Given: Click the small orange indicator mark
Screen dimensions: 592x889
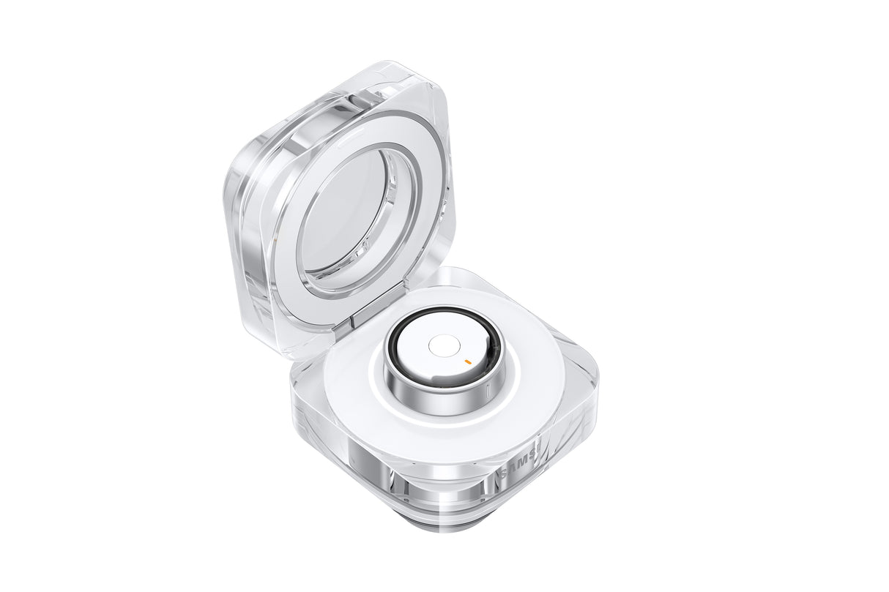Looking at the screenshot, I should (x=466, y=360).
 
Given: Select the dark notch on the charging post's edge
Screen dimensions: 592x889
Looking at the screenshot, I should (x=439, y=379).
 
